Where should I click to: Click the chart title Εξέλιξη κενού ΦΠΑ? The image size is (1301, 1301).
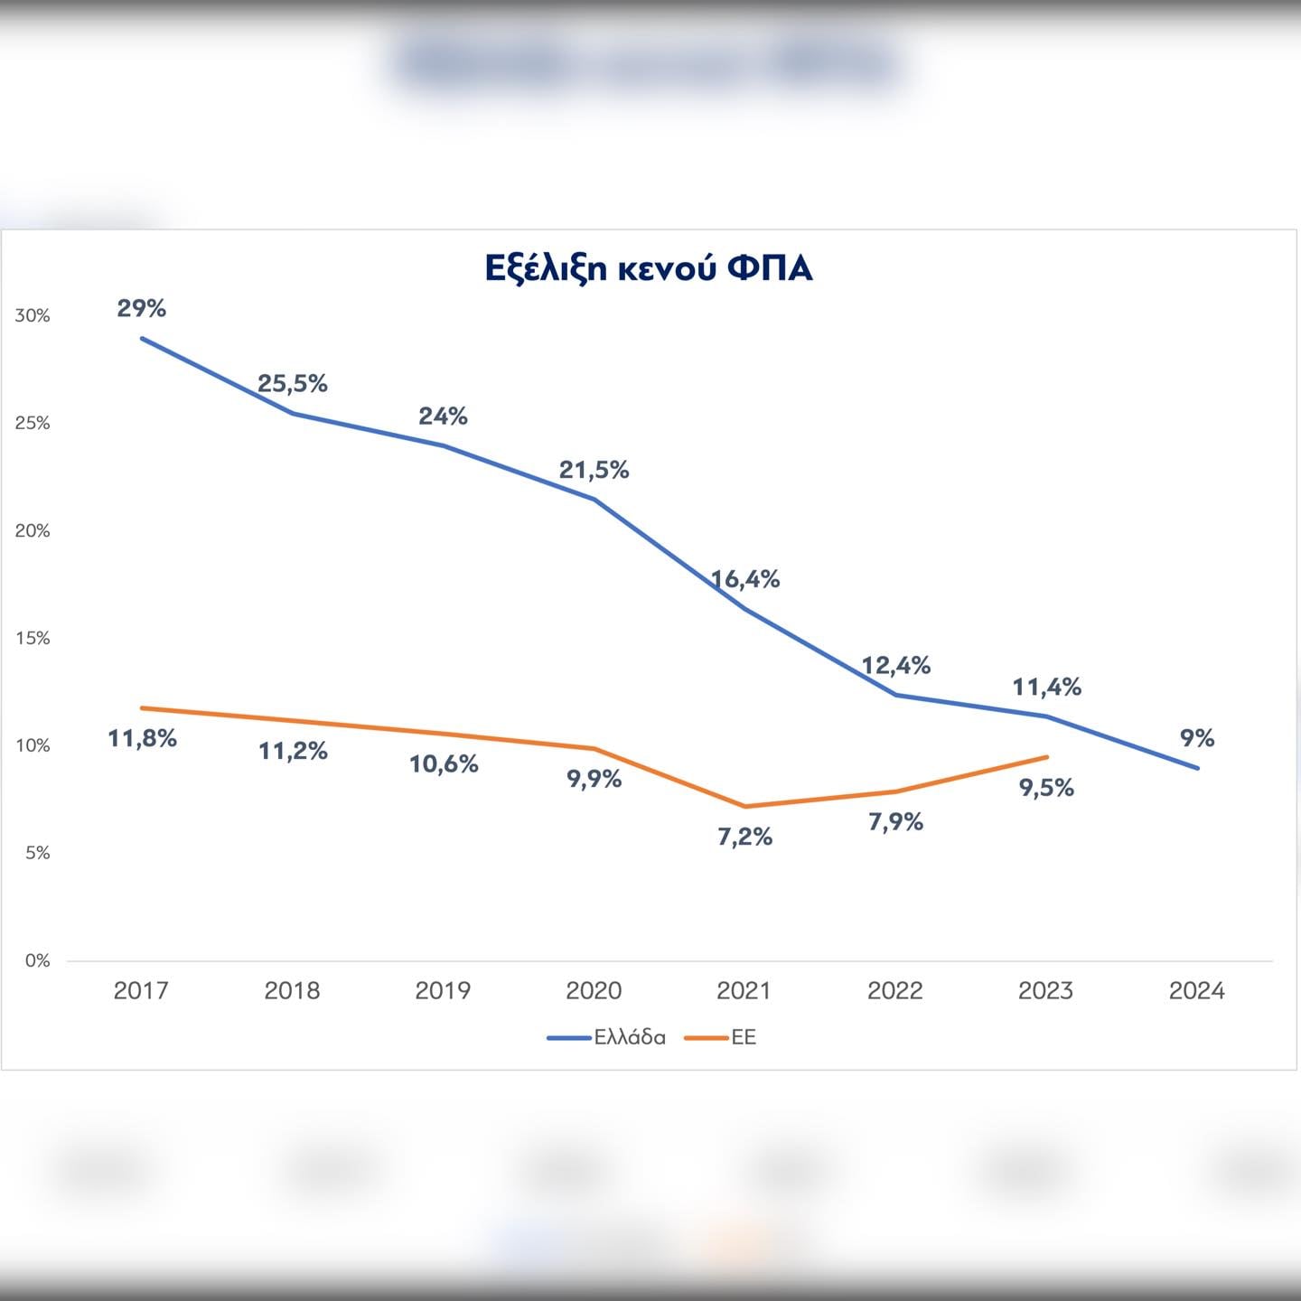[x=649, y=268]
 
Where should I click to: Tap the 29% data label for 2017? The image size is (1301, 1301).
[x=142, y=309]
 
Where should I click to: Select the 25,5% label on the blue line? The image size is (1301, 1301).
[x=293, y=384]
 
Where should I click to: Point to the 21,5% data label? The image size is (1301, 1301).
[x=594, y=470]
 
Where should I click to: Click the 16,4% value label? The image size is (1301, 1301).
[x=745, y=579]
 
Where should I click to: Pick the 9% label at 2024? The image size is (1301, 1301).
[x=1197, y=738]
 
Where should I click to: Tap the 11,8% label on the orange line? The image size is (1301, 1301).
[x=142, y=739]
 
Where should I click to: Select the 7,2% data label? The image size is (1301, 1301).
[x=745, y=838]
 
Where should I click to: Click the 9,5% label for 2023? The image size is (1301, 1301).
[x=1046, y=788]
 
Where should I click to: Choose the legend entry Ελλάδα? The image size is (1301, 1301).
[x=630, y=1038]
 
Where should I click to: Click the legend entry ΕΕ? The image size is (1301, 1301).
[x=744, y=1038]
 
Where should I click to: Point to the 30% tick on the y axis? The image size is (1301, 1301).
[x=33, y=316]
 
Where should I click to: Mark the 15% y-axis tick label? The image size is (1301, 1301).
[x=33, y=639]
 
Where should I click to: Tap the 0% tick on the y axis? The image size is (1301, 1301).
[x=37, y=961]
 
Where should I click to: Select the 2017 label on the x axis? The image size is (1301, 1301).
[x=141, y=991]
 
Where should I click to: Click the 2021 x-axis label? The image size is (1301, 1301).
[x=744, y=991]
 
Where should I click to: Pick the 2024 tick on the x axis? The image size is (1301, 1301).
[x=1196, y=991]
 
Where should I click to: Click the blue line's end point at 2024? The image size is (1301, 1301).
[x=1198, y=768]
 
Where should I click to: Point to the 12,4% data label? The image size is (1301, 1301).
[x=895, y=666]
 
